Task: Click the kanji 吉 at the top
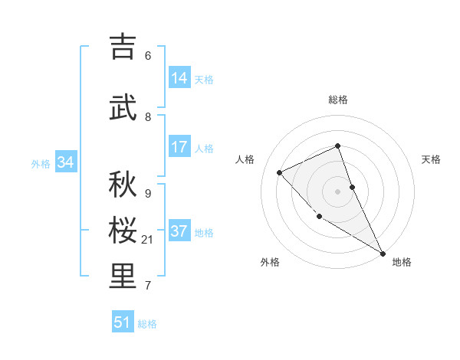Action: [x=122, y=47]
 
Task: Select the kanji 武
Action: [x=122, y=108]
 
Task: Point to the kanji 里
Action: [x=122, y=277]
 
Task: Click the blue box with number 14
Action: [x=179, y=78]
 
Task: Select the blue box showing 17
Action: [x=179, y=147]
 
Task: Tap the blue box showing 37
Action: [x=179, y=232]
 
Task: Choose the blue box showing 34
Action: [x=65, y=162]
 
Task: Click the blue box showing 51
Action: [x=123, y=322]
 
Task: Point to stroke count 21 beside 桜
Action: [x=148, y=240]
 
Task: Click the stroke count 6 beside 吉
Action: [x=147, y=55]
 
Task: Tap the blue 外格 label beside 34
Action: [x=41, y=163]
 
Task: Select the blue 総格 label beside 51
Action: [x=147, y=324]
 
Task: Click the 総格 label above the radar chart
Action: [x=338, y=100]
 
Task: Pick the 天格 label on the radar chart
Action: [x=431, y=159]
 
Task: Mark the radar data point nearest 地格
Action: [x=382, y=253]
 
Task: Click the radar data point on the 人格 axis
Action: [x=280, y=172]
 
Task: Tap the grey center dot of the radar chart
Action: [x=337, y=191]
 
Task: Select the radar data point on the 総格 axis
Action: [x=337, y=146]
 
